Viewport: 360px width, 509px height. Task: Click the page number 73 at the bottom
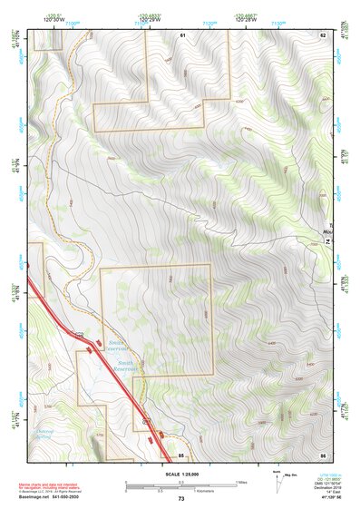tap(180, 499)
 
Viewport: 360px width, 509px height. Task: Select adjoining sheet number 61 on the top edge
tap(181, 34)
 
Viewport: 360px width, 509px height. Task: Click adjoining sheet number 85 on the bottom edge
tap(181, 454)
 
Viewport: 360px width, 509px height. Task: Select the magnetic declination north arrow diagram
tap(277, 480)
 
